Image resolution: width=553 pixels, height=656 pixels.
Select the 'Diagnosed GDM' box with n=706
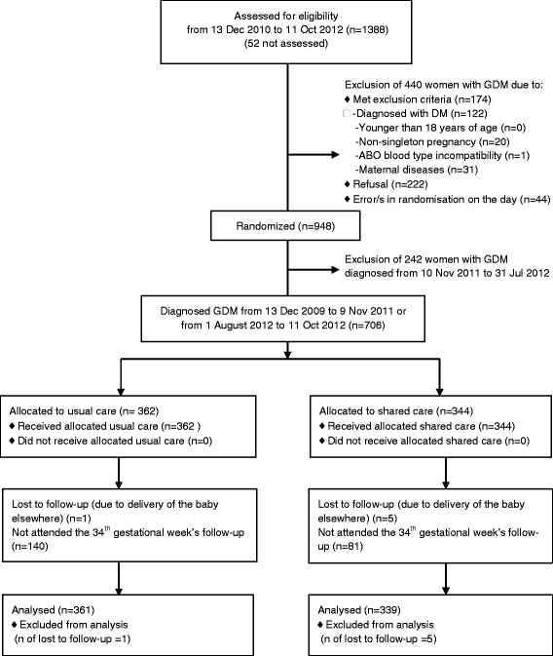tap(285, 314)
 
